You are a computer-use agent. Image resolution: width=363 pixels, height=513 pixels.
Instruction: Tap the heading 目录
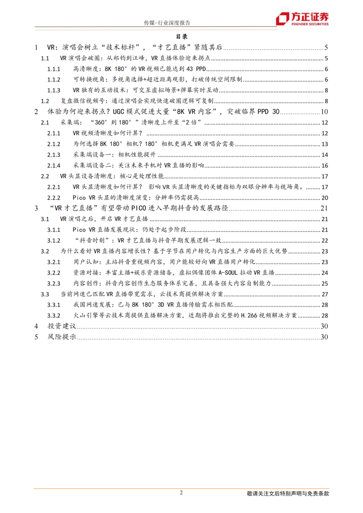pos(181,37)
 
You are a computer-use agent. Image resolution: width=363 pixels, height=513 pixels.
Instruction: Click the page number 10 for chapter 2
pos(324,112)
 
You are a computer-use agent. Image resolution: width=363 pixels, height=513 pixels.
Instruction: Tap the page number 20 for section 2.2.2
pos(324,197)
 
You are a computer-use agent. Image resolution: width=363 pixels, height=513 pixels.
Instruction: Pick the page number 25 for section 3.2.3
pos(324,283)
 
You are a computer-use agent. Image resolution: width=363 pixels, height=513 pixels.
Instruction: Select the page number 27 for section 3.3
pos(324,294)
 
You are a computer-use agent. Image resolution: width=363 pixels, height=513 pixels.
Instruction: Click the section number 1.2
pos(44,101)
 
